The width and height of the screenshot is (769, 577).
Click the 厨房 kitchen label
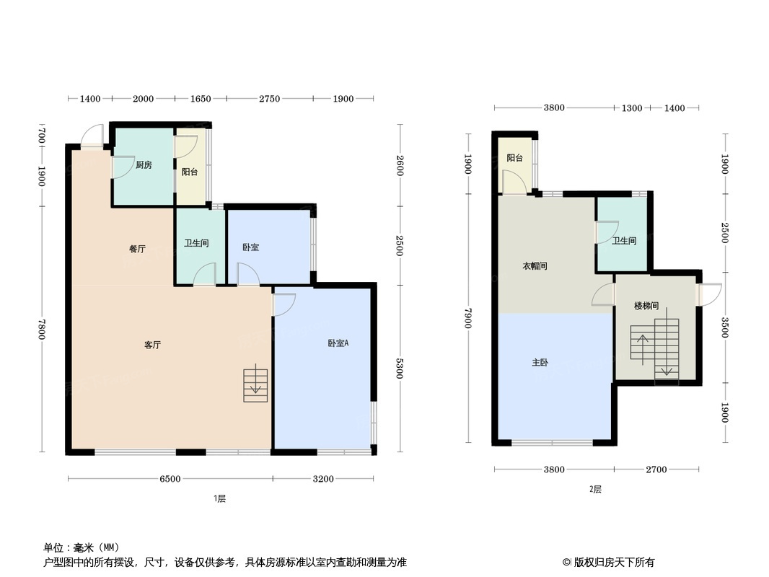[144, 165]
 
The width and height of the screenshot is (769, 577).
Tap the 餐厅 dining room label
[137, 249]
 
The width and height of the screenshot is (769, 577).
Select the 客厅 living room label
[152, 345]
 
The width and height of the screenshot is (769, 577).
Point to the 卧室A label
[338, 343]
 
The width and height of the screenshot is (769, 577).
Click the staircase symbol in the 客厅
[255, 385]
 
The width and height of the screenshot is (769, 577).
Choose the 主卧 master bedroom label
[540, 363]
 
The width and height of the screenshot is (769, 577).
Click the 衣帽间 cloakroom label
[535, 266]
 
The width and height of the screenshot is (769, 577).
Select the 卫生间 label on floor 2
[624, 241]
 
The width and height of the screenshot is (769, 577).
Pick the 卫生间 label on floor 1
[196, 244]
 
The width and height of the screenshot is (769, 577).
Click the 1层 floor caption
[220, 498]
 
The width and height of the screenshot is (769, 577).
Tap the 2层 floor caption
[595, 489]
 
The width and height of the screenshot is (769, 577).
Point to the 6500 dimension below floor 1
[170, 479]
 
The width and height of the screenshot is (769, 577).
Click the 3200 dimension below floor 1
[323, 479]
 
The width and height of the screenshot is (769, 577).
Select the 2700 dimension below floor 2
[656, 470]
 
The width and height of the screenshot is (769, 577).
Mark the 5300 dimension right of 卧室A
[400, 367]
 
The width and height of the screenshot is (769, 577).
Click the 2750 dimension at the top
[269, 99]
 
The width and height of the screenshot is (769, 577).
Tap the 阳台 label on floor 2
[514, 158]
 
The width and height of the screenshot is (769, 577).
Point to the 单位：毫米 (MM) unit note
[81, 547]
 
